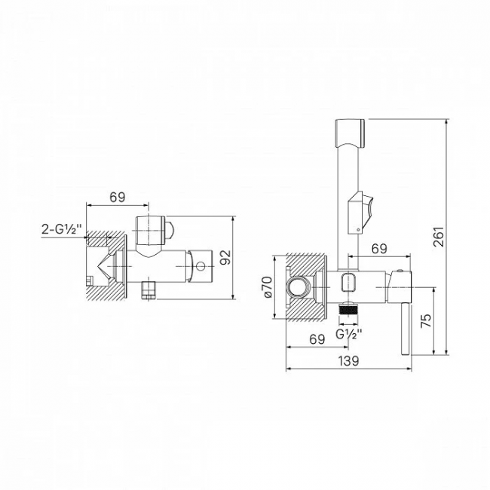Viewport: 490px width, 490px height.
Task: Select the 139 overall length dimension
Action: [x=348, y=361]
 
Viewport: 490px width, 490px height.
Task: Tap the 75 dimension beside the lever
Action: [x=427, y=319]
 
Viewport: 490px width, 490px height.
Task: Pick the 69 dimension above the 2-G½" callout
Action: [x=117, y=197]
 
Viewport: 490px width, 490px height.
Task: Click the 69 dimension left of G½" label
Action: [x=317, y=339]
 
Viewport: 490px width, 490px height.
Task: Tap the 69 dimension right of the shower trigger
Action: [x=379, y=248]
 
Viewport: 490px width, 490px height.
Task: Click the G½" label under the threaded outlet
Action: [x=348, y=333]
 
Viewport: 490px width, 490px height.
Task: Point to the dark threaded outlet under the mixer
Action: [x=348, y=308]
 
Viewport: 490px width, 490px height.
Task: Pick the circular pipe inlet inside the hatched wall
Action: [x=300, y=286]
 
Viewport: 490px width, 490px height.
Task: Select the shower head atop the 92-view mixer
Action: [x=154, y=229]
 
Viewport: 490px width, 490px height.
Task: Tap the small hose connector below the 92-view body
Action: [x=149, y=289]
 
